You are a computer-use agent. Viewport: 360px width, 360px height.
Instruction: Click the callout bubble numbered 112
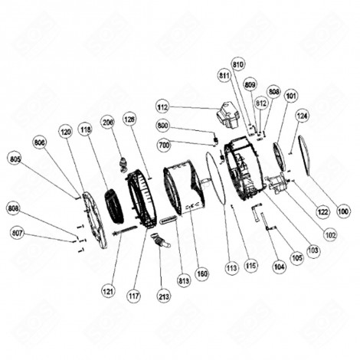(162, 106)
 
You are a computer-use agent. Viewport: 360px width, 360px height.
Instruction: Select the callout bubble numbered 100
(342, 211)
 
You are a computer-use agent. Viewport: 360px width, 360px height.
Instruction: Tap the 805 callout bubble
(15, 159)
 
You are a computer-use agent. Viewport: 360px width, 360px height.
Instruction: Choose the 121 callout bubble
(113, 290)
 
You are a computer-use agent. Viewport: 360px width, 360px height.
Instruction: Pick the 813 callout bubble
(183, 279)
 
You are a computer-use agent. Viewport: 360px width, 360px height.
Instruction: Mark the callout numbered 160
(202, 273)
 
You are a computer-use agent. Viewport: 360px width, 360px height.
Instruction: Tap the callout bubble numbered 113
(231, 267)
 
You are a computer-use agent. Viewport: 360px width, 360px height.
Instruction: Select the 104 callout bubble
(279, 267)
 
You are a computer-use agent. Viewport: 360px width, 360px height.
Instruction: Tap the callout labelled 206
(108, 121)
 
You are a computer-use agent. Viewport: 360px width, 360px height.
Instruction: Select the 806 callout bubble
(40, 142)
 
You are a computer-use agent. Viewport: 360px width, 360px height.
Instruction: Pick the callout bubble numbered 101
(291, 97)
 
